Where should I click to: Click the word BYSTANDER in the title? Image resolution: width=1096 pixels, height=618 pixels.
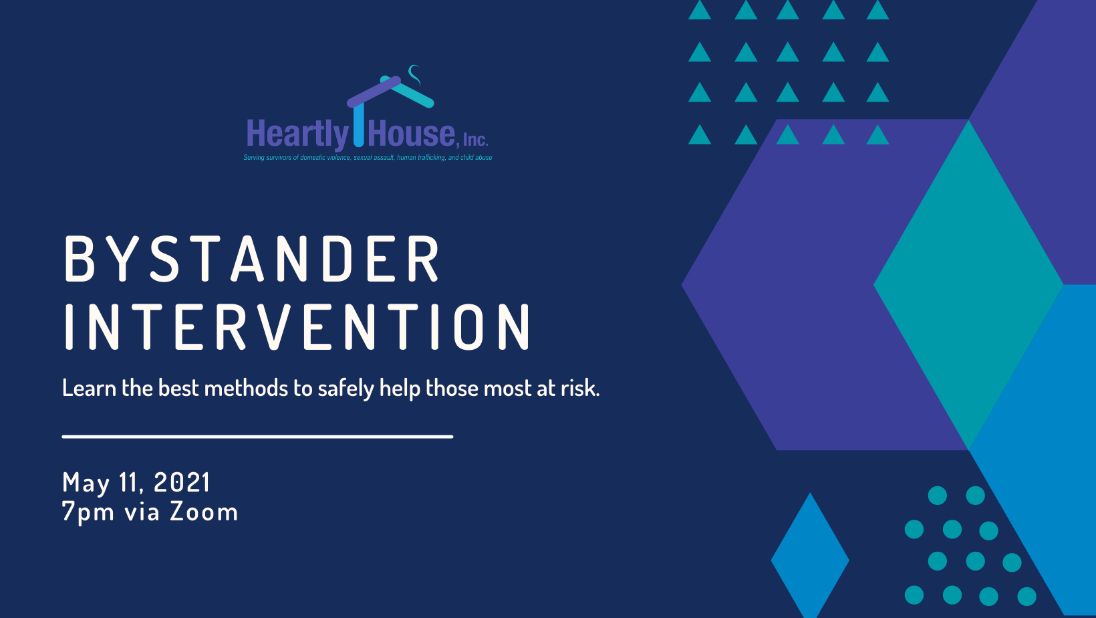coord(252,259)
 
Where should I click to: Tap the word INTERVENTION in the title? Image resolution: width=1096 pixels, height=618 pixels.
coord(297,326)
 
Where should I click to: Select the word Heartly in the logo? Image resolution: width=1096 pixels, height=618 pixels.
coord(297,134)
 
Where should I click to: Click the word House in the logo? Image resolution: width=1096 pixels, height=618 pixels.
coord(411,132)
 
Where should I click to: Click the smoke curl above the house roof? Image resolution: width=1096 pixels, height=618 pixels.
coord(414,74)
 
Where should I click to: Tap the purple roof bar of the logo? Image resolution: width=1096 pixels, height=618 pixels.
coord(374,92)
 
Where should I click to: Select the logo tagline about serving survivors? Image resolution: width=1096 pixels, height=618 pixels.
coord(368,158)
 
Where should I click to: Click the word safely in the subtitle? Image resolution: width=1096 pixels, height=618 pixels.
coord(346,389)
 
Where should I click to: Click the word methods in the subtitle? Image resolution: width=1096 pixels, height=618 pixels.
coord(246,388)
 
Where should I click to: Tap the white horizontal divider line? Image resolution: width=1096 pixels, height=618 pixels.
coord(257,436)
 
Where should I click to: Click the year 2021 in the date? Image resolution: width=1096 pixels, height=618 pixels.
coord(182,482)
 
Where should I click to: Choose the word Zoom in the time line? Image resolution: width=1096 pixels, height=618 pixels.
coord(204,512)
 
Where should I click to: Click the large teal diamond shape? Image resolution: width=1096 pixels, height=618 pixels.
coord(968,284)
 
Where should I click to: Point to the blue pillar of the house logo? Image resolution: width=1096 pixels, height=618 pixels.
coord(359,125)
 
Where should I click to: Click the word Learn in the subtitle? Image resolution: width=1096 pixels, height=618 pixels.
coord(89,388)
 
